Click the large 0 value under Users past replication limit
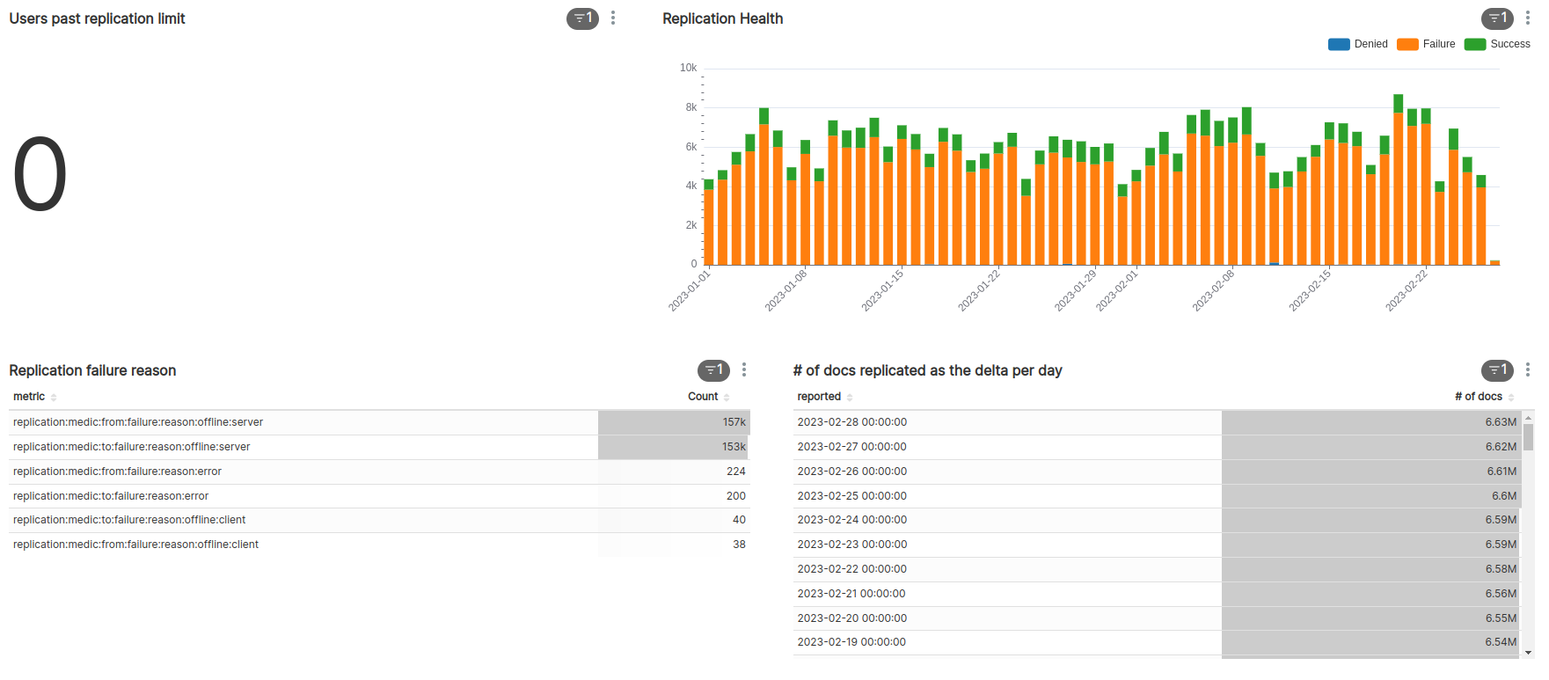pyautogui.click(x=40, y=174)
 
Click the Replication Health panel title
pyautogui.click(x=722, y=18)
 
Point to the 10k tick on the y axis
pyautogui.click(x=688, y=68)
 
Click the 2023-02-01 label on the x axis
pyautogui.click(x=1118, y=289)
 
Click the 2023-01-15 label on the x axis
pyautogui.click(x=883, y=289)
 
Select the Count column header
pyautogui.click(x=703, y=397)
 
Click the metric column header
pyautogui.click(x=29, y=397)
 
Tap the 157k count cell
pyautogui.click(x=734, y=422)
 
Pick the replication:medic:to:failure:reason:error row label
pyautogui.click(x=111, y=496)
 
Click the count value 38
pyautogui.click(x=739, y=545)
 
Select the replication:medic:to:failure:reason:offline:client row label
pyautogui.click(x=129, y=520)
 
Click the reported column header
pyautogui.click(x=819, y=397)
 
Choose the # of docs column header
pyautogui.click(x=1478, y=397)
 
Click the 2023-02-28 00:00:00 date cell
pyautogui.click(x=851, y=422)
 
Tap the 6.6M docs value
pyautogui.click(x=1503, y=496)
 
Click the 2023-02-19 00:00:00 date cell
pyautogui.click(x=851, y=642)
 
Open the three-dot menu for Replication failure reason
pyautogui.click(x=744, y=370)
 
